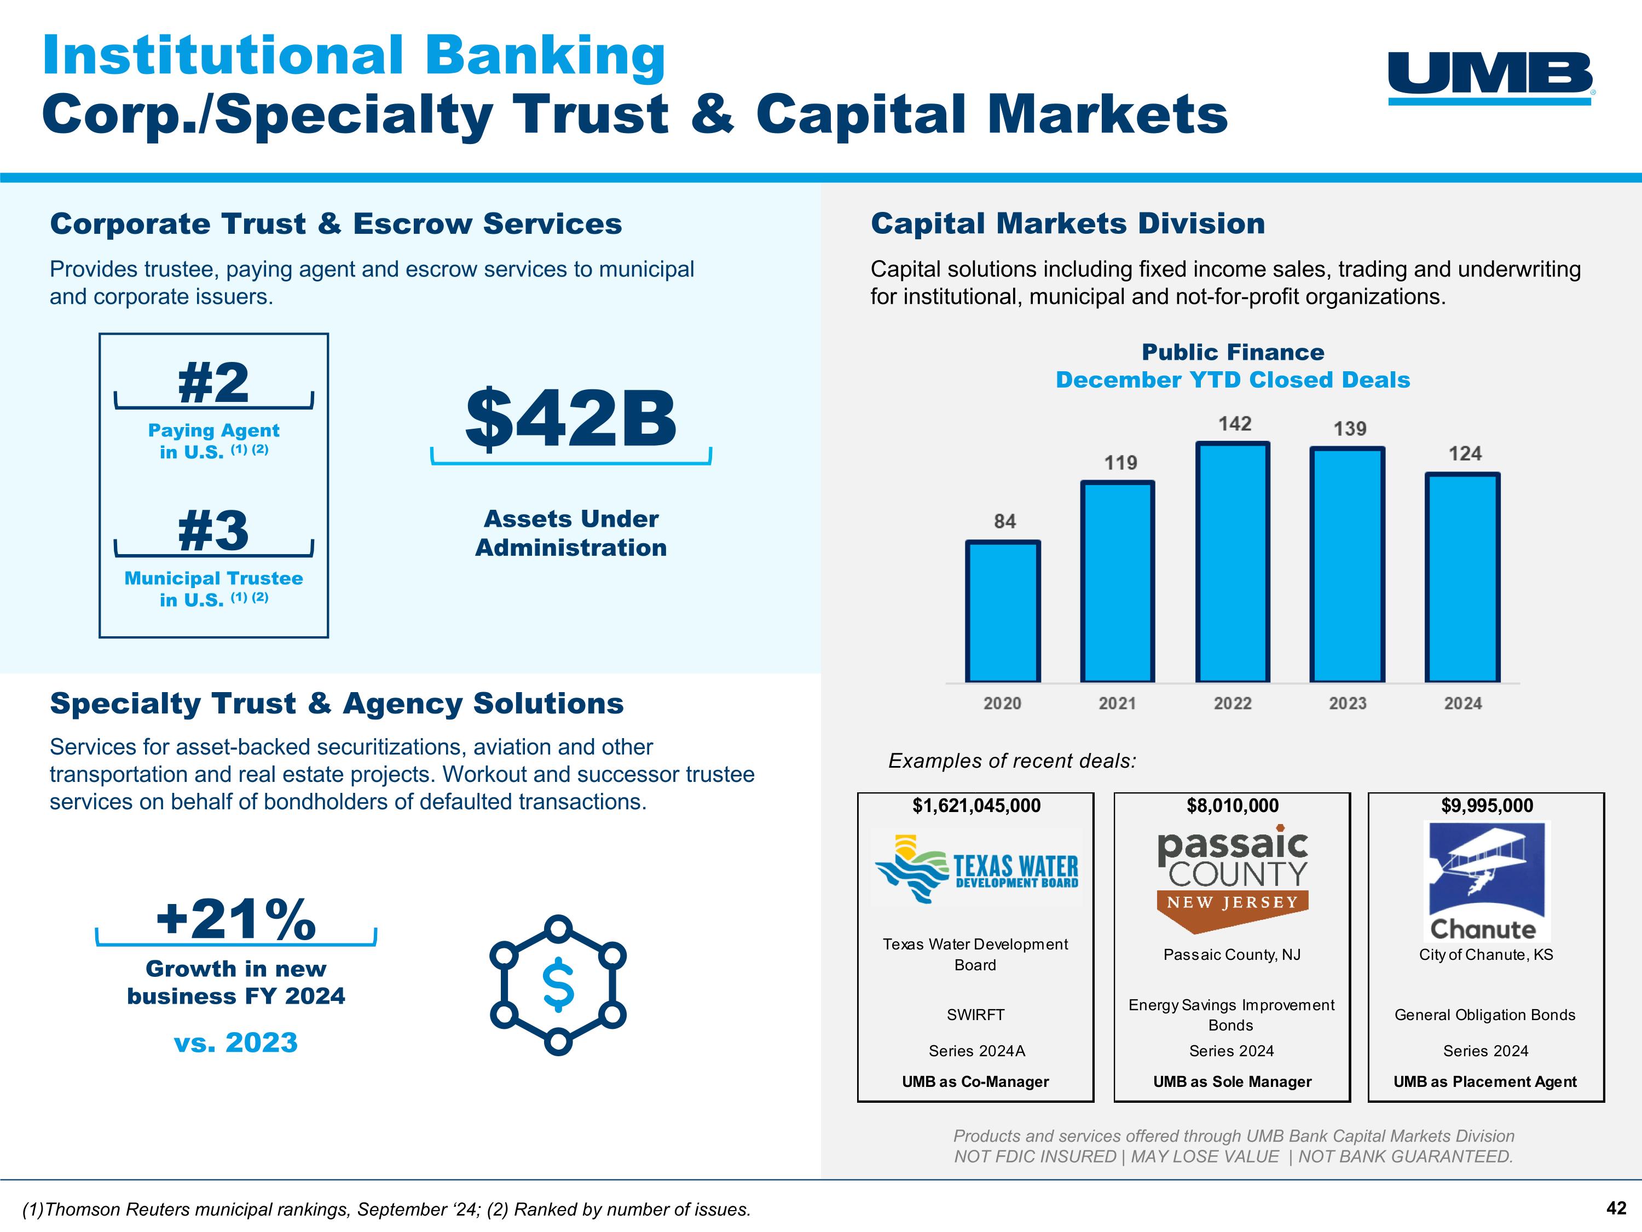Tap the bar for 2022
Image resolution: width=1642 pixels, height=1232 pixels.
tap(1232, 562)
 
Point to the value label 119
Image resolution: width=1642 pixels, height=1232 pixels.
tap(1120, 463)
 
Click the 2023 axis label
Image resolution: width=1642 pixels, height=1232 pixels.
tap(1348, 703)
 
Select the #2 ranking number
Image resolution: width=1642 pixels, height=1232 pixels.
tap(214, 383)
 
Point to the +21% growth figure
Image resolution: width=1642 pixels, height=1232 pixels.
tap(236, 919)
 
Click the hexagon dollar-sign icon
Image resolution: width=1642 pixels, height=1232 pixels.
tap(558, 985)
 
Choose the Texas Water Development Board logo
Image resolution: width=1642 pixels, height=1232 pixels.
tap(975, 868)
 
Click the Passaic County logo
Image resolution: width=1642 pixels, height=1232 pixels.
tap(1231, 876)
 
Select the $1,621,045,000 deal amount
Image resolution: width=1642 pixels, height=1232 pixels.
tap(976, 806)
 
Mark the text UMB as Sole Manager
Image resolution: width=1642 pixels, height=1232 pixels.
tap(1231, 1081)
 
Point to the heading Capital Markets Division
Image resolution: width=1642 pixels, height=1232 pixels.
tap(1067, 223)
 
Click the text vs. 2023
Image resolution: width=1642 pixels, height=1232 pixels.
tap(236, 1043)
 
